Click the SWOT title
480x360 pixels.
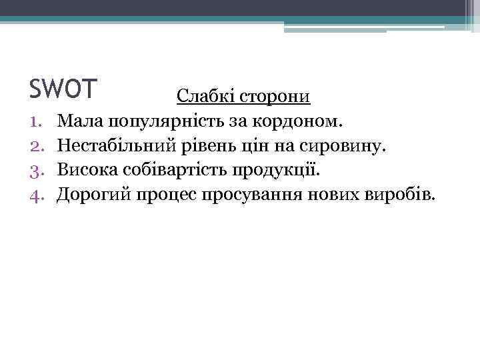[64, 87]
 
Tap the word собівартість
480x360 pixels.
[176, 169]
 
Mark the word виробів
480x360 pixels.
[399, 194]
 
